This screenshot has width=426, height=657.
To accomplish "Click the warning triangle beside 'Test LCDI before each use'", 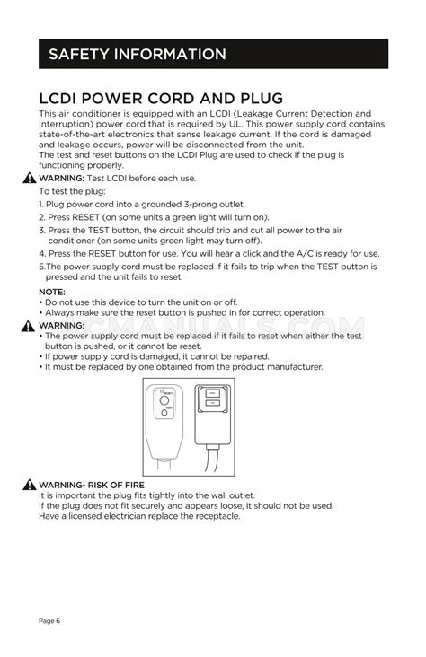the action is (x=31, y=179).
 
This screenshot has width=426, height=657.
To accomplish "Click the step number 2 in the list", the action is (x=41, y=217).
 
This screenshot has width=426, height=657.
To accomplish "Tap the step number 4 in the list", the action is (x=41, y=254).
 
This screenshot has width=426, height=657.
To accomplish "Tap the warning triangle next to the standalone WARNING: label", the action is (x=31, y=325).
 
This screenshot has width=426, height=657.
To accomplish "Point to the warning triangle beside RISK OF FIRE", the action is (x=31, y=486).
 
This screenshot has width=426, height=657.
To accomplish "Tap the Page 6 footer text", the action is (x=49, y=620).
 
